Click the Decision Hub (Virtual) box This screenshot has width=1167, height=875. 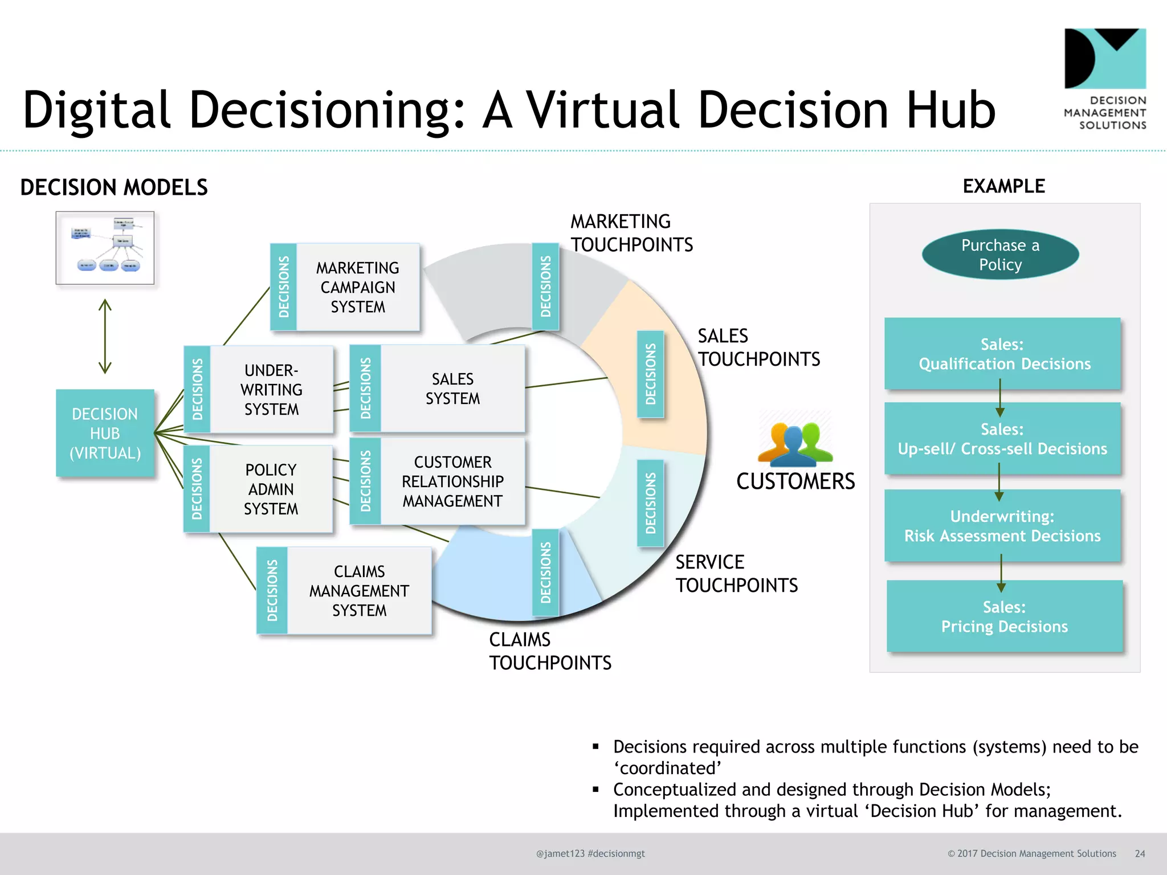[105, 433]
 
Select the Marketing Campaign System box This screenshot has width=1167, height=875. [358, 287]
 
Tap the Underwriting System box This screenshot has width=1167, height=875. [271, 390]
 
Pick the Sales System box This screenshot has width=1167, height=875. [452, 389]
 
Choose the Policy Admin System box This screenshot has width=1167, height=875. [271, 489]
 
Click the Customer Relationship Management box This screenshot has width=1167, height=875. [452, 481]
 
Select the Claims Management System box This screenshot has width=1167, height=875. [359, 591]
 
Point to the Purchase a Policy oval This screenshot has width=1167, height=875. [1000, 255]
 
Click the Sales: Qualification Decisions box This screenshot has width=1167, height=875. [1003, 354]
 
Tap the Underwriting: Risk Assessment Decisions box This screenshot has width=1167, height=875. [1003, 526]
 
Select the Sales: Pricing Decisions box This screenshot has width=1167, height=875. [1004, 616]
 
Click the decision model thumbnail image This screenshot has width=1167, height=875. [105, 248]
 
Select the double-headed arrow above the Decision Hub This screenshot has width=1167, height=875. [105, 336]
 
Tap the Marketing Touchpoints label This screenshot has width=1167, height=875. [631, 233]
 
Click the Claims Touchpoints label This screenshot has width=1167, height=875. [550, 651]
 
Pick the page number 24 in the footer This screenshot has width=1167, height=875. [1140, 853]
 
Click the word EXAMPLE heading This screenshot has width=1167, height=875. [1003, 186]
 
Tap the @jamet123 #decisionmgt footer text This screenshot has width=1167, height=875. [590, 853]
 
